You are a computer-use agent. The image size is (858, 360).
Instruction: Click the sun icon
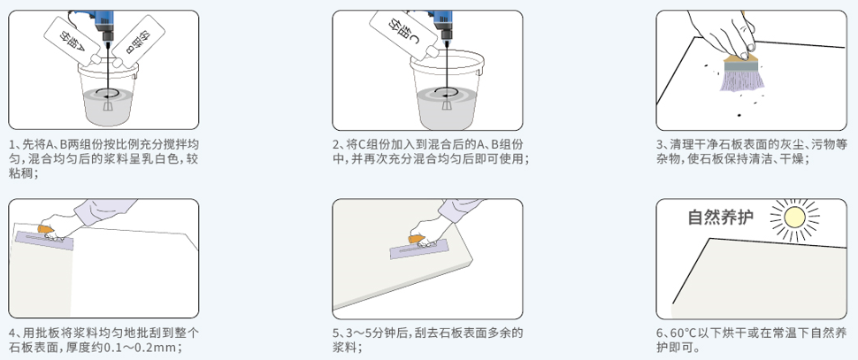coord(793,217)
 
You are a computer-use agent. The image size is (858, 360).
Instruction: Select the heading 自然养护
coord(721,218)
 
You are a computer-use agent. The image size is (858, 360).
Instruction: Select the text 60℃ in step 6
coord(680,333)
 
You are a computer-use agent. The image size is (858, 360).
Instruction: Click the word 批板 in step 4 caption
coord(50,333)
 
